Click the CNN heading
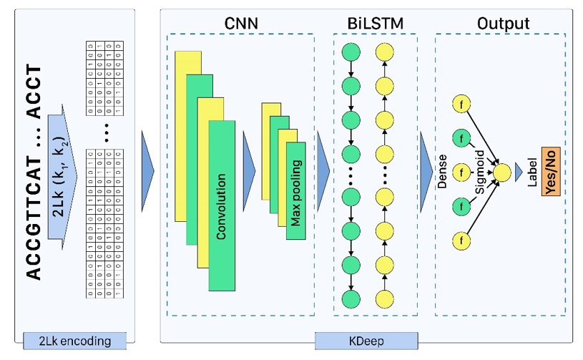pos(240,24)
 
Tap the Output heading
pos(503,24)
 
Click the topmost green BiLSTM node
pos(351,52)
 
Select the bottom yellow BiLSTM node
pos(385,298)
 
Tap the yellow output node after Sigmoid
pos(503,172)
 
